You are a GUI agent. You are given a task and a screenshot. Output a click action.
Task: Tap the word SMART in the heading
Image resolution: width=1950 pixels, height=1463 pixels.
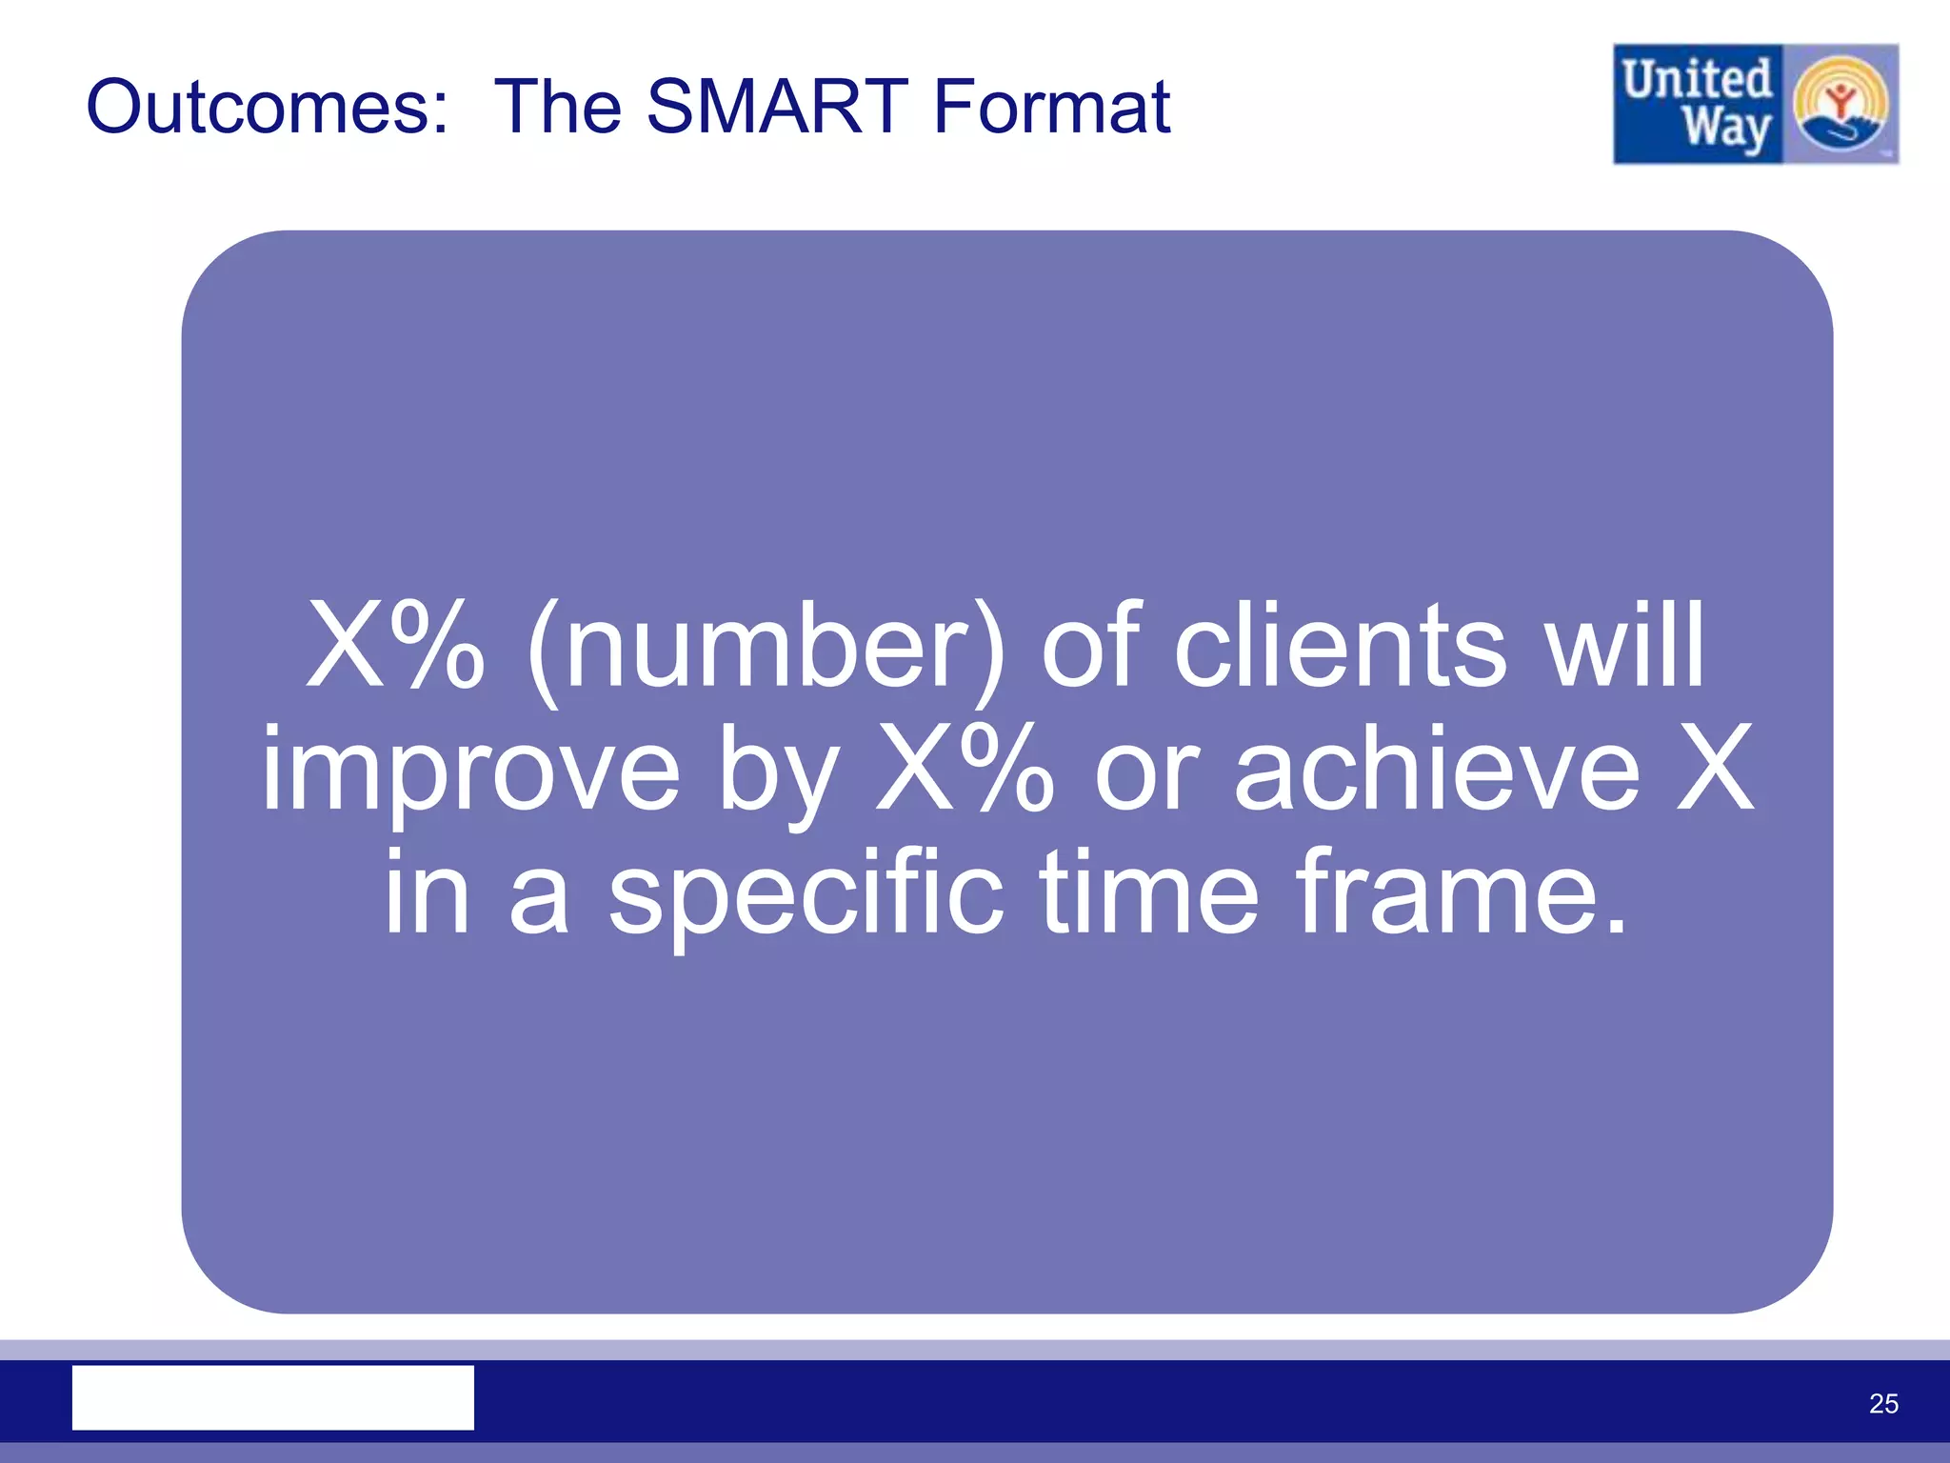(777, 107)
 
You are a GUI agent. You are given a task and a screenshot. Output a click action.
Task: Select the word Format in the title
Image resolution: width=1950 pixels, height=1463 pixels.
(1051, 107)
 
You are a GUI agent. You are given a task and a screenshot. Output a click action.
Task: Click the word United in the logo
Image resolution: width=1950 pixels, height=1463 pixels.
(1697, 80)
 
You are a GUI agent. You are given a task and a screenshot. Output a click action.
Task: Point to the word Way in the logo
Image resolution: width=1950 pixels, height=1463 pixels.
(1725, 130)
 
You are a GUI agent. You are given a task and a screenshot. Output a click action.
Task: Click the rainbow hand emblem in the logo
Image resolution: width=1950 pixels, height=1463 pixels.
(1840, 105)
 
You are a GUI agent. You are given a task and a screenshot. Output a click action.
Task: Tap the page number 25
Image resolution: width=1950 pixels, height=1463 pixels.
(1882, 1404)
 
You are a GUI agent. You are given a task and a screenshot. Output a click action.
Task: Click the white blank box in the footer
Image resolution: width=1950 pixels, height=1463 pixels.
(273, 1397)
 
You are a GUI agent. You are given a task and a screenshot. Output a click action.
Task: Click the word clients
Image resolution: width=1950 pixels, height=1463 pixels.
(1341, 648)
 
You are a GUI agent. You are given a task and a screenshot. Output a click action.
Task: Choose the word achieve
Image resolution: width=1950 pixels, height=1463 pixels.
(1438, 770)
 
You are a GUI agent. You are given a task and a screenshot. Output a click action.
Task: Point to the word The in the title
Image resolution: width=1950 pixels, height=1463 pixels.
(560, 107)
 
